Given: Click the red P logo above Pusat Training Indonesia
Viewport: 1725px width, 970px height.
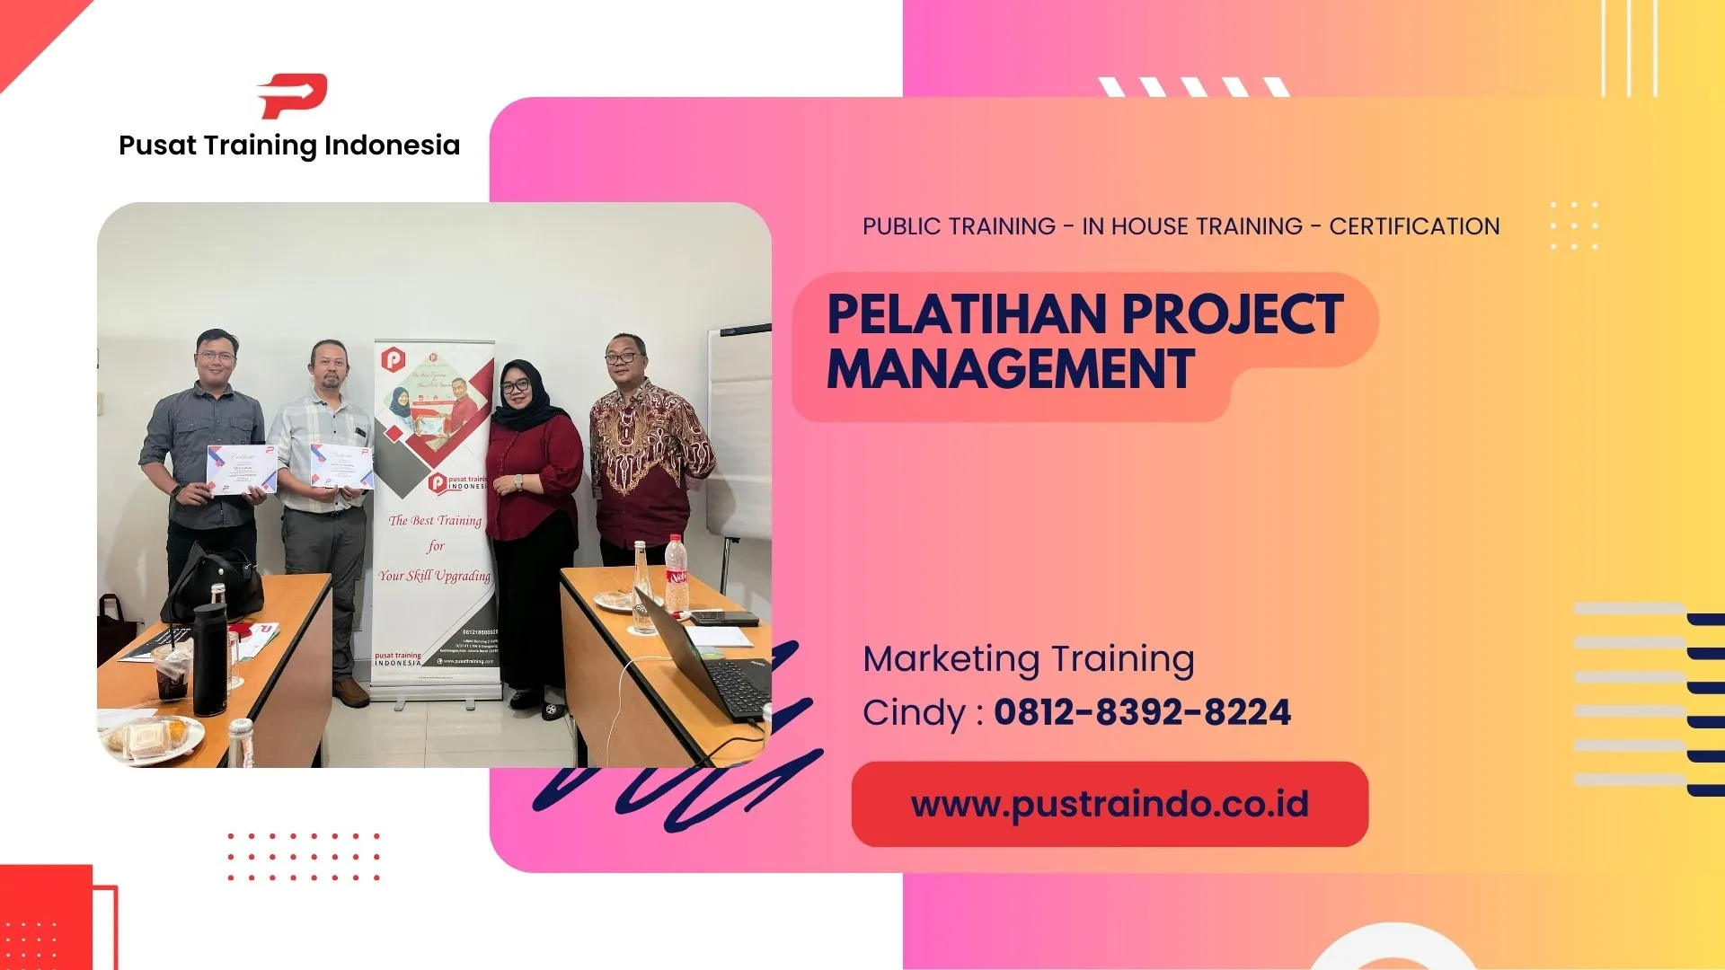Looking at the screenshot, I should coord(293,95).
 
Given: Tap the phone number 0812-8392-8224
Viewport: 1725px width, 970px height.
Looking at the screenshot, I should coord(1142,712).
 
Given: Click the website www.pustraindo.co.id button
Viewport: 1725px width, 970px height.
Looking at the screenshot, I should coord(1110,805).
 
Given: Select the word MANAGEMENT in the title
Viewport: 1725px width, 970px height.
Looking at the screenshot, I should coord(1011,369).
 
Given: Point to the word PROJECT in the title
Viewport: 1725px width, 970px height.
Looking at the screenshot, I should coord(1232,314).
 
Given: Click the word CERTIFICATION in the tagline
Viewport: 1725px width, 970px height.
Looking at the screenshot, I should coord(1414,226).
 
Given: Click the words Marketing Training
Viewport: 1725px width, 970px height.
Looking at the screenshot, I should coord(1029,659).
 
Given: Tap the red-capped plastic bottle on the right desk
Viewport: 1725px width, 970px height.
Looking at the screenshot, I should coord(676,575).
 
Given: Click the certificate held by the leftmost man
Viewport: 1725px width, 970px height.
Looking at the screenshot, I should coord(241,469).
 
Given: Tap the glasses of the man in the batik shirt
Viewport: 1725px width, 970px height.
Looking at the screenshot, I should coord(622,357).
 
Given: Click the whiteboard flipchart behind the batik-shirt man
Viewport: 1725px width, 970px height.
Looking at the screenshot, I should coord(739,431).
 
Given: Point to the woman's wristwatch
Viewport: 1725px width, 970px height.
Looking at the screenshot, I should coord(518,481).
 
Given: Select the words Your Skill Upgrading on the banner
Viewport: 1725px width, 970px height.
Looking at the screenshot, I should coord(435,576).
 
